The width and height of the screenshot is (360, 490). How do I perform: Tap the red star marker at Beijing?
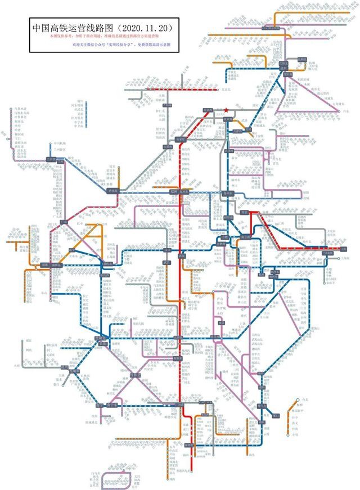226,110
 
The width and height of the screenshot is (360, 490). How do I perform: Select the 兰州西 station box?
56,160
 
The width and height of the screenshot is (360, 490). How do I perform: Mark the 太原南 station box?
168,147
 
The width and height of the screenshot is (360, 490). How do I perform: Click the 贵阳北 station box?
102,339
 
